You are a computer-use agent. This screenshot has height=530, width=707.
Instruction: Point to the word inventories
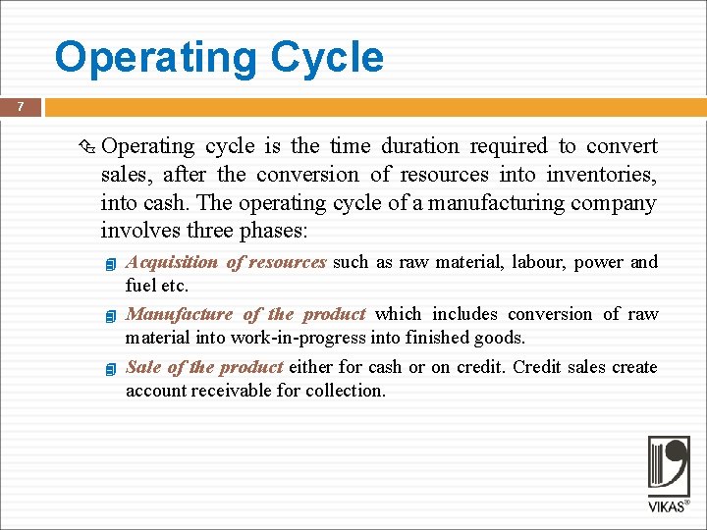[x=605, y=175]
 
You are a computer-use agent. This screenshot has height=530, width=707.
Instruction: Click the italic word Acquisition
[x=172, y=262]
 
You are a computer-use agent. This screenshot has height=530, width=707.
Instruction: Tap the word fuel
[x=140, y=286]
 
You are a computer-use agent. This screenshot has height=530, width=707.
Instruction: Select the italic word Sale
[x=143, y=367]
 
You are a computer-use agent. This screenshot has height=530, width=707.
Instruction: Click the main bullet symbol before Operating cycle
[x=86, y=148]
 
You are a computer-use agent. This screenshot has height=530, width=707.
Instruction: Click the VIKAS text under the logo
[x=665, y=506]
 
